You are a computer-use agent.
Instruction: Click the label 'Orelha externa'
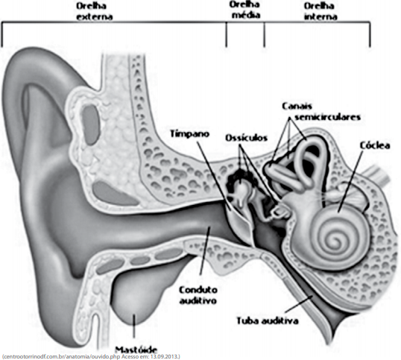(x=95, y=11)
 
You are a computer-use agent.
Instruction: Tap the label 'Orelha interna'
(x=321, y=11)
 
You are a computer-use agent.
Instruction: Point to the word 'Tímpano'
(x=190, y=134)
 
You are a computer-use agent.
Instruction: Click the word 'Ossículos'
(x=246, y=138)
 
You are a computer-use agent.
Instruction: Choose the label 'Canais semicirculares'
(x=322, y=112)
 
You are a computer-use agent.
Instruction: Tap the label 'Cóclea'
(x=375, y=145)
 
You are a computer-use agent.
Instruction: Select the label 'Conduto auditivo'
(x=198, y=295)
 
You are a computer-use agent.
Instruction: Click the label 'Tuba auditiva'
(x=268, y=320)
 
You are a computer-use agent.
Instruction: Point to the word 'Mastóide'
(x=136, y=350)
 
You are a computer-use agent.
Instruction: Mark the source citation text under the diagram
(x=91, y=356)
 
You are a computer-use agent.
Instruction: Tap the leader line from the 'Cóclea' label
(x=350, y=181)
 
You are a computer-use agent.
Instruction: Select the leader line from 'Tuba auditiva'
(x=299, y=304)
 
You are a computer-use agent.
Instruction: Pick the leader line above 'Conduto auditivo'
(x=205, y=251)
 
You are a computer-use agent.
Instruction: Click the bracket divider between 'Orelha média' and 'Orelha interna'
(x=264, y=34)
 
